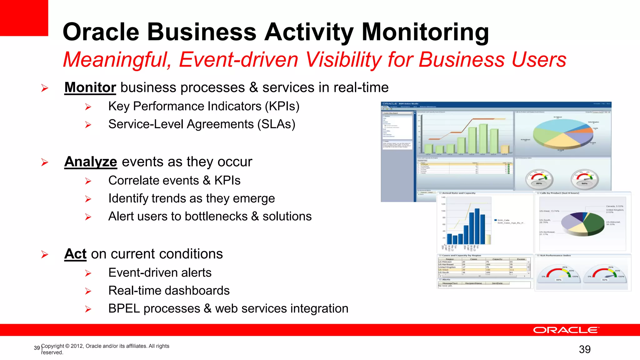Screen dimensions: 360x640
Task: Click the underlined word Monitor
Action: [90, 87]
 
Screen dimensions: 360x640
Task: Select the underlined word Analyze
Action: [91, 162]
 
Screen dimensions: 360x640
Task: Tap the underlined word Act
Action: [75, 254]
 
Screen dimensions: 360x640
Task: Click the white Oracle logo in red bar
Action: [566, 330]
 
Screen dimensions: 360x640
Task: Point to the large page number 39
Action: [585, 349]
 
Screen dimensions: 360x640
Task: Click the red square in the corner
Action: [24, 17]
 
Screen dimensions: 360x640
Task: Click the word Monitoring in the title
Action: [425, 32]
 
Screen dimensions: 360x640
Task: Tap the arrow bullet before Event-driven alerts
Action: [88, 273]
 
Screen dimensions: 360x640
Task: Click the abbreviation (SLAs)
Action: [276, 124]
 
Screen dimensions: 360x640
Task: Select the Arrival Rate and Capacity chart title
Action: [459, 193]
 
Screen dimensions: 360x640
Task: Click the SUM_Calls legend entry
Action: [503, 220]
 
